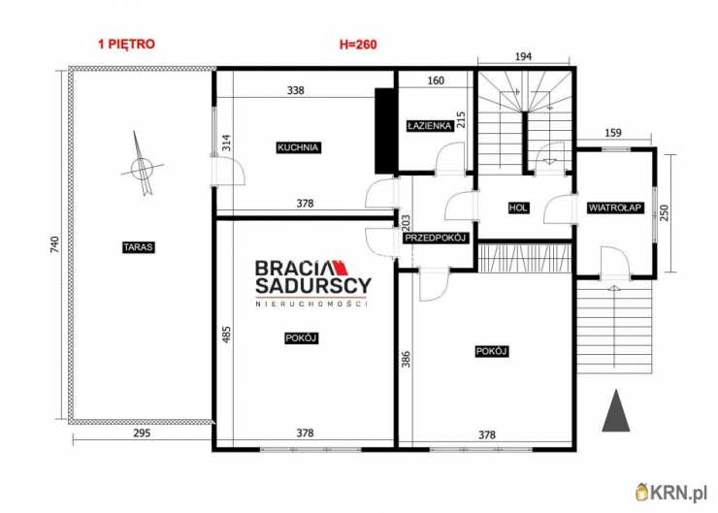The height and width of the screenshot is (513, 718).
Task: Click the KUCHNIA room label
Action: coord(298,147)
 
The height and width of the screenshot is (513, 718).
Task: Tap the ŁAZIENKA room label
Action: coord(430,125)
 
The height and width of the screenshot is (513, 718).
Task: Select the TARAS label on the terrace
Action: coord(139,247)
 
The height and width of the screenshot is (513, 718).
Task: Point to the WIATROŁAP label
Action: coord(615,208)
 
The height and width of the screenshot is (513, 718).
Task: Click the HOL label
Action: coord(518,208)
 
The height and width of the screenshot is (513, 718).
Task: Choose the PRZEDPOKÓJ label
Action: coord(435,238)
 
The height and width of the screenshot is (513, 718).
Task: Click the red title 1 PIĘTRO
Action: coord(126,44)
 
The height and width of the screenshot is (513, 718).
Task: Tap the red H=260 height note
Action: coord(358,45)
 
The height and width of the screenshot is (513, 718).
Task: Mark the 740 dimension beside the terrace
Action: coord(54,244)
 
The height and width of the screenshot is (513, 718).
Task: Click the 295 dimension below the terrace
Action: coord(142,433)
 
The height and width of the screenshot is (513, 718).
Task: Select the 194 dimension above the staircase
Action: coord(523,56)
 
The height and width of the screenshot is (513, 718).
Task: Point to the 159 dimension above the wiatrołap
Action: coord(613,133)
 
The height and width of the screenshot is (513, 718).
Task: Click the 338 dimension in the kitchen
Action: coord(296,90)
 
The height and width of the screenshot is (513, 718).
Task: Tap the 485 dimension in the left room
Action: coord(226,335)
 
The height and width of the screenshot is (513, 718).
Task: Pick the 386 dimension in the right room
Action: coord(406,359)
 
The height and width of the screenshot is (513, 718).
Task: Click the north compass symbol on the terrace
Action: coord(142,167)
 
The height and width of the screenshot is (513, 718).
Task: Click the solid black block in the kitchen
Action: coord(384,131)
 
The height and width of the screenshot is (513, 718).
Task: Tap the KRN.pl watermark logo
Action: coord(671,493)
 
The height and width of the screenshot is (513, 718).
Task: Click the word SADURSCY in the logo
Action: coord(313,285)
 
